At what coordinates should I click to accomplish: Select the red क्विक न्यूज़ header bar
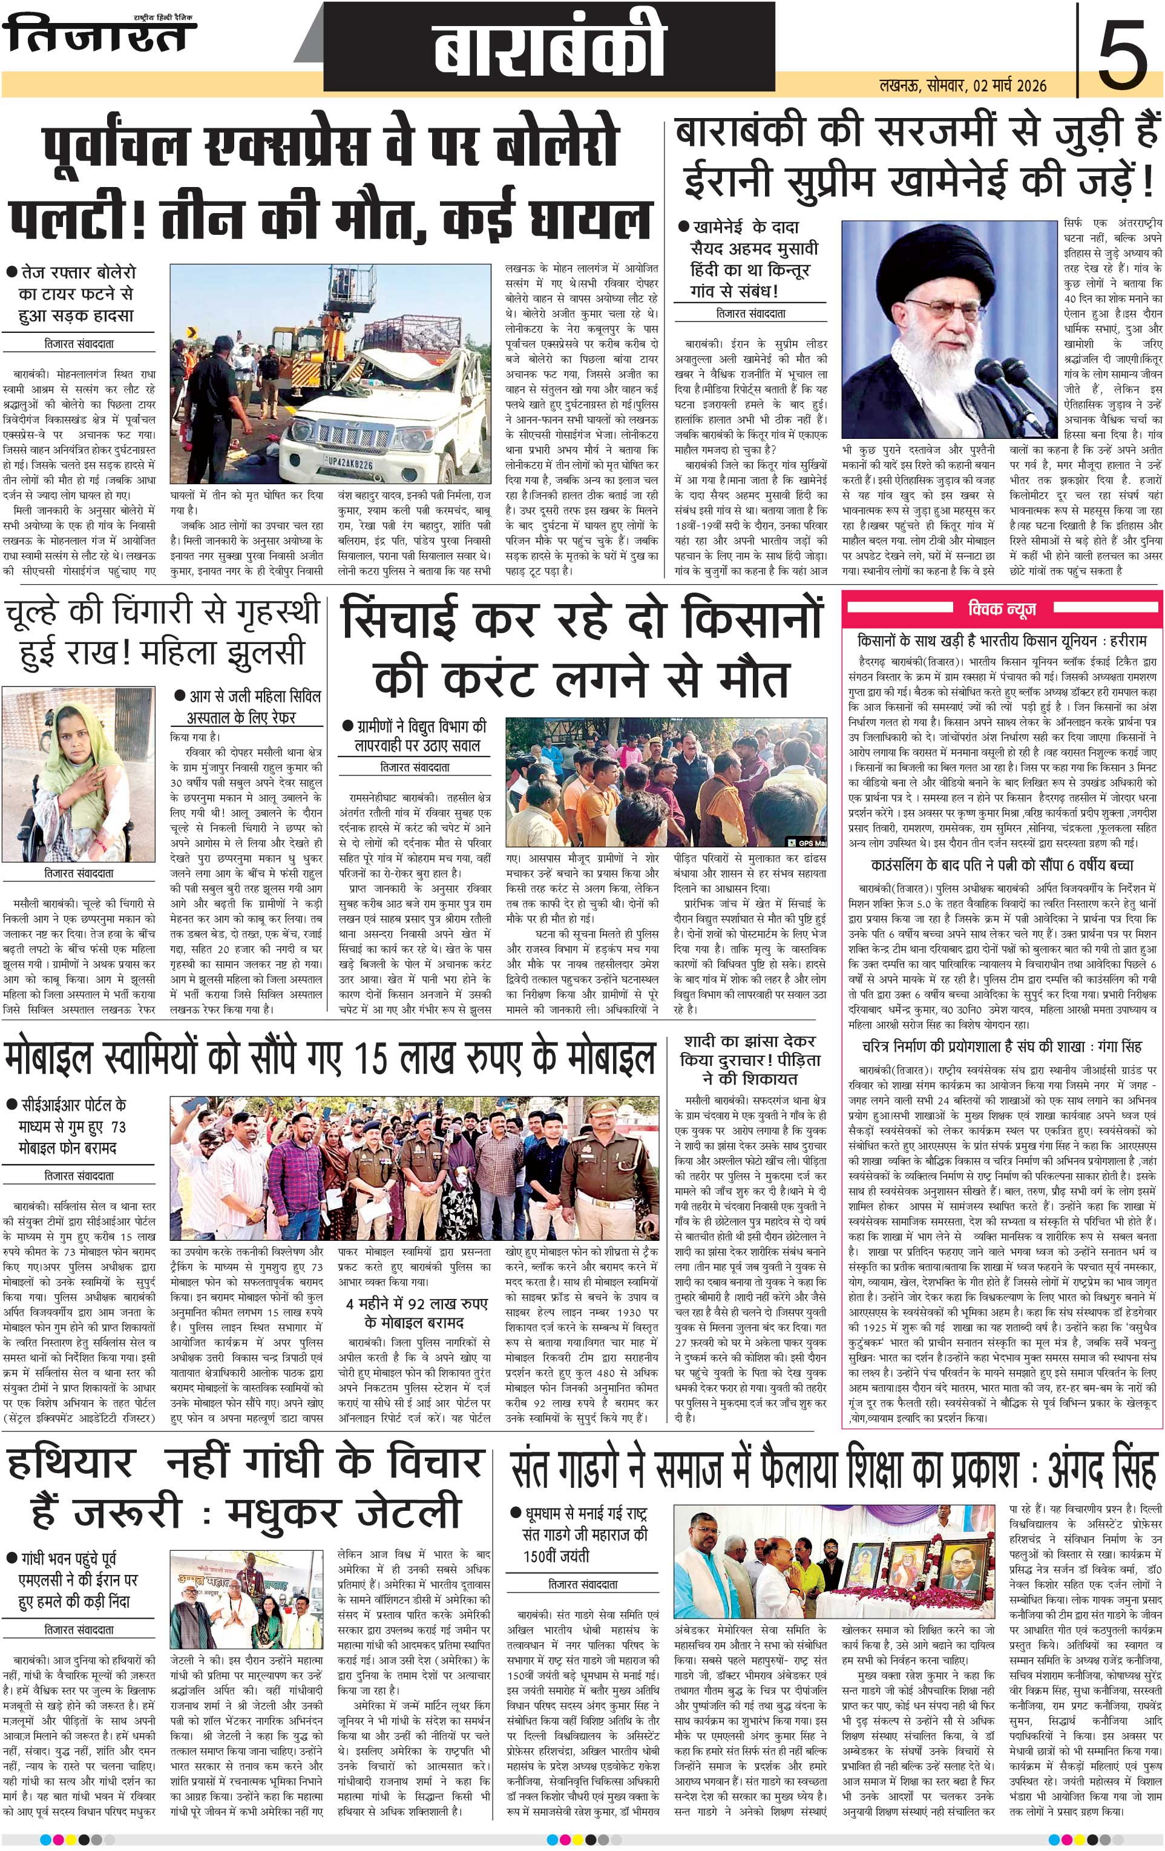pos(1002,609)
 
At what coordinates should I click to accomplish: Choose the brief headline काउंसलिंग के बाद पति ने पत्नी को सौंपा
pos(1002,865)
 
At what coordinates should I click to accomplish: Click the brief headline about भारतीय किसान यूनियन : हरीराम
pos(1002,640)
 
